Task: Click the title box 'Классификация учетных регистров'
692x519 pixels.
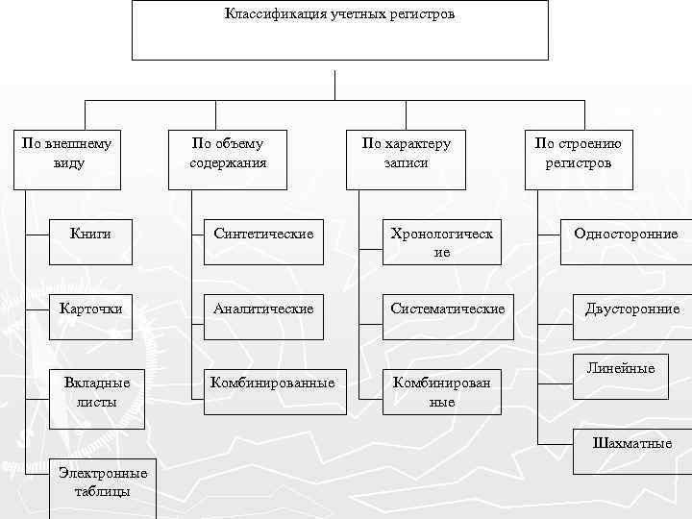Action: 339,31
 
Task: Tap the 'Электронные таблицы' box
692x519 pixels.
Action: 102,481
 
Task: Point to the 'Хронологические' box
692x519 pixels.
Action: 442,242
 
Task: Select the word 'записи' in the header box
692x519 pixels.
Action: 406,163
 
